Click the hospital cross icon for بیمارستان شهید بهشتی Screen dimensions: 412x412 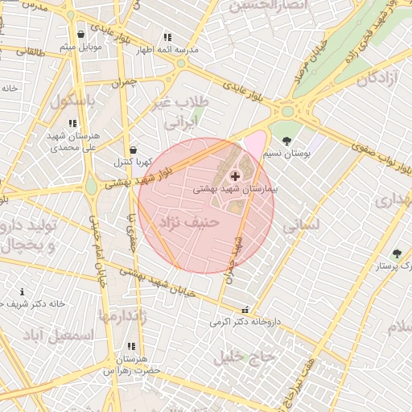(x=235, y=175)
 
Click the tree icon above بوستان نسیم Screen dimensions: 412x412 (x=286, y=141)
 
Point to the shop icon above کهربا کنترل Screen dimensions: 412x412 (x=133, y=150)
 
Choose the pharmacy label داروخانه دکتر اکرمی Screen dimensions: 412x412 (x=245, y=322)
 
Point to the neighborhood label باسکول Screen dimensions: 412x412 (x=73, y=102)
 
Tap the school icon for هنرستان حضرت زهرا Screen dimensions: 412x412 (x=131, y=346)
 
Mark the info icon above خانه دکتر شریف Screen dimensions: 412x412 (x=22, y=291)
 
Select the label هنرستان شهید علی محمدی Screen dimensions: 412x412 (x=72, y=142)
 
